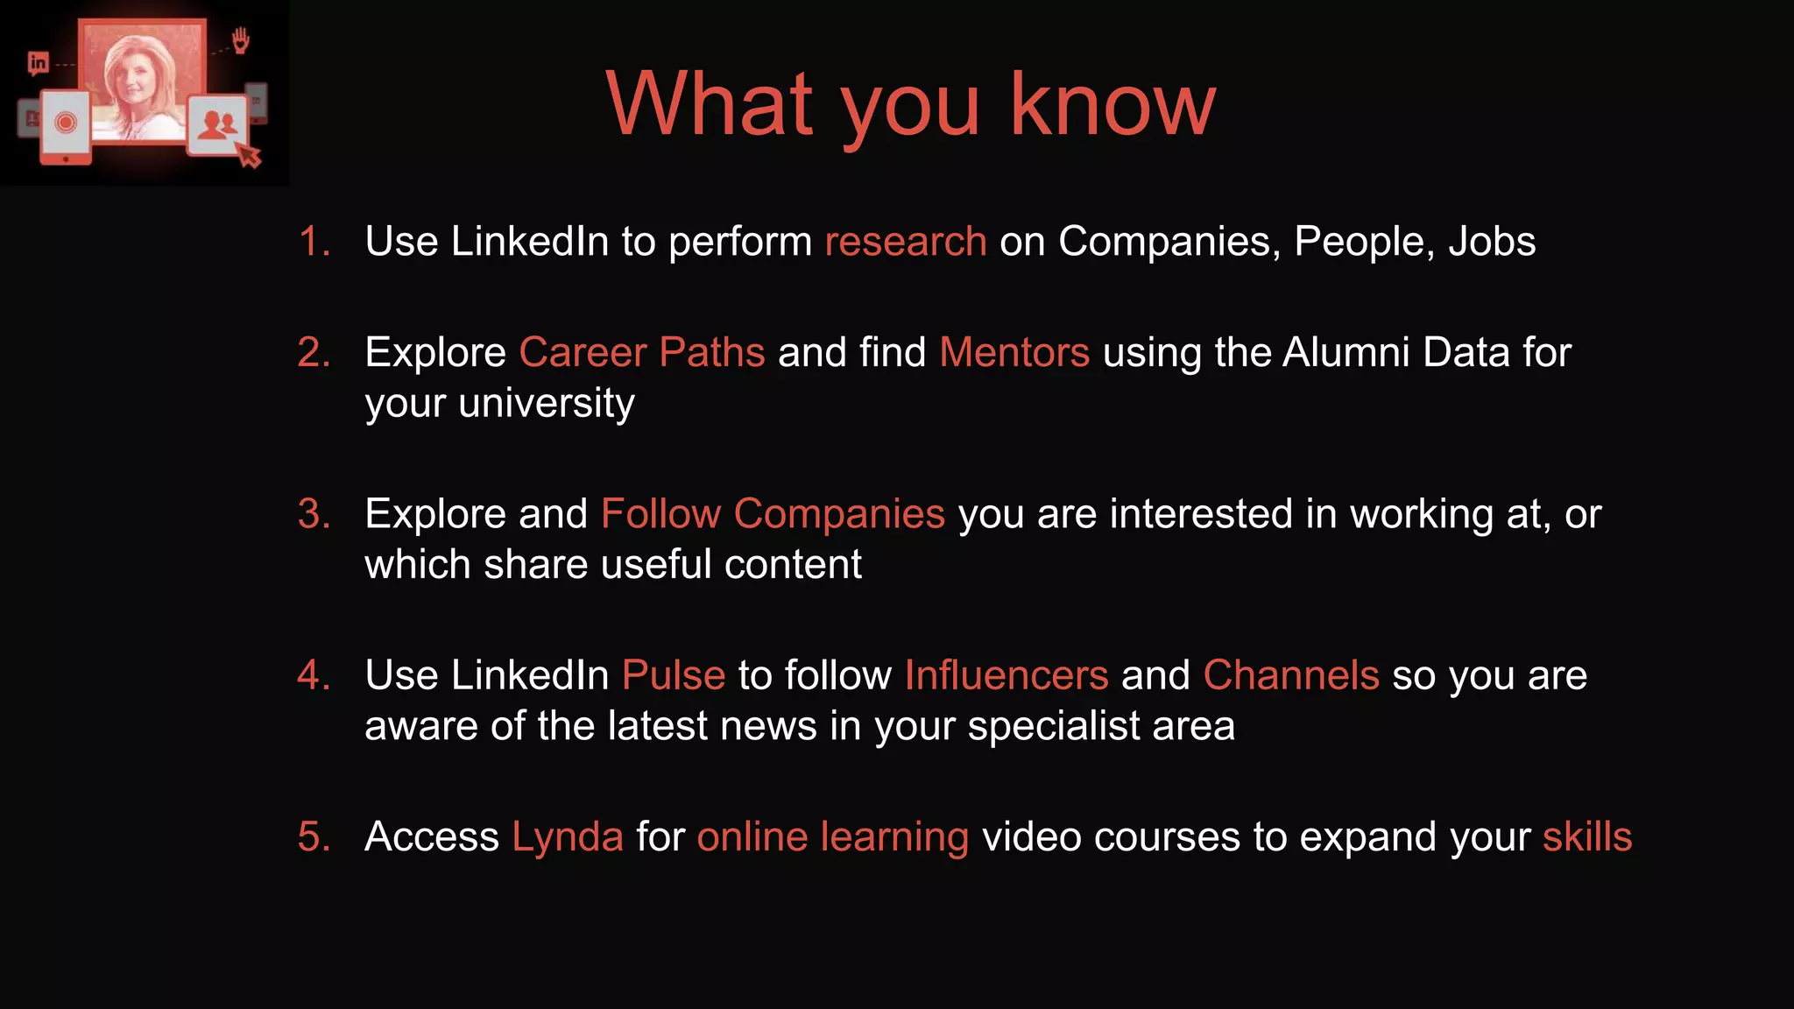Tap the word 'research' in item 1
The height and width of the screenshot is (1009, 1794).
pos(906,242)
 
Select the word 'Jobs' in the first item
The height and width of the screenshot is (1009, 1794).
pos(1492,242)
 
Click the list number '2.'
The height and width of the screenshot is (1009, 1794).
pos(314,352)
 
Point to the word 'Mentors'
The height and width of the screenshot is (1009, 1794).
pos(1014,352)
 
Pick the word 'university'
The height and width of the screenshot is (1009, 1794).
pos(546,404)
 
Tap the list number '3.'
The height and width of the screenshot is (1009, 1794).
pos(314,513)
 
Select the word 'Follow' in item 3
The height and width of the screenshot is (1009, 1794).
pos(660,513)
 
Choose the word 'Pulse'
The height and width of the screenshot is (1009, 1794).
pos(674,675)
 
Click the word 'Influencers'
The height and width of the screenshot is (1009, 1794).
pos(1006,675)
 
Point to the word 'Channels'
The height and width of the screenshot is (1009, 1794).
pos(1291,675)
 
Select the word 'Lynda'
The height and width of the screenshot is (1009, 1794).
pos(568,837)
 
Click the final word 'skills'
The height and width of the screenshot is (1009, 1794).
pos(1587,837)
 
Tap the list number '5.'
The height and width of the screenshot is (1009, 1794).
pos(314,837)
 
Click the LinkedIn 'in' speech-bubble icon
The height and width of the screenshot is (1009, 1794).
pos(38,63)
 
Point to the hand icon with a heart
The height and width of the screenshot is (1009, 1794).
pos(241,40)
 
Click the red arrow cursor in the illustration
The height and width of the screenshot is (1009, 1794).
pos(250,156)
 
